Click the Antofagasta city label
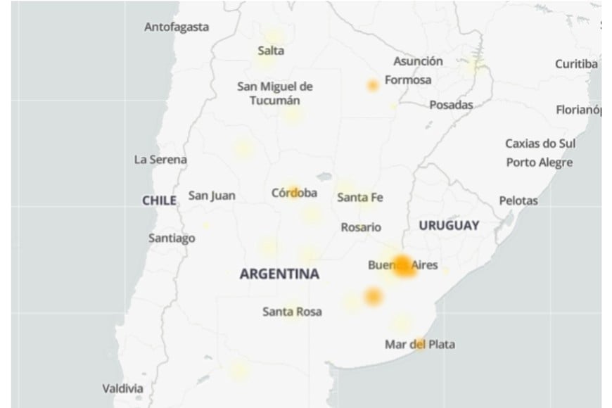point(177,27)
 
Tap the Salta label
point(271,50)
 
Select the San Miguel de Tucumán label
point(275,94)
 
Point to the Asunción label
point(418,61)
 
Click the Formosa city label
point(408,80)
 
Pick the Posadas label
point(451,105)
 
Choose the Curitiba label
point(576,64)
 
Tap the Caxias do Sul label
point(540,144)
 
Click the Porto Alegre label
point(540,162)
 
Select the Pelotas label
point(518,200)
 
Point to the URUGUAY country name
point(449,226)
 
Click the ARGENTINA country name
point(279,274)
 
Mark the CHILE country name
point(159,200)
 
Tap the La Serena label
point(160,160)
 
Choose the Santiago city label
point(172,238)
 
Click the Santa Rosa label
point(292,311)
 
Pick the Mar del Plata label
point(419,344)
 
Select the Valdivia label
point(122,388)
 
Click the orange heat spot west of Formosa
point(372,86)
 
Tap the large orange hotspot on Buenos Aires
point(404,266)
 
